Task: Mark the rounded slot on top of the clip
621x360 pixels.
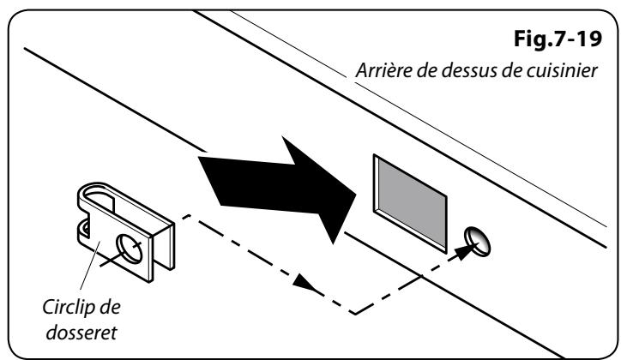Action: pyautogui.click(x=100, y=203)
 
